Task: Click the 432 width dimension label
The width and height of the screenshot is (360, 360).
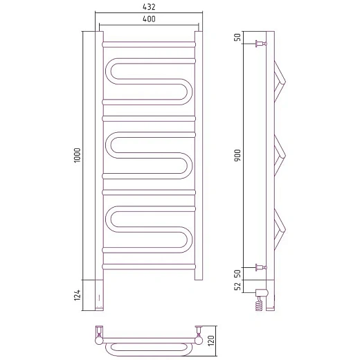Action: [x=149, y=7]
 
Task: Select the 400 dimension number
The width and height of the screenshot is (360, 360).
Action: [x=149, y=19]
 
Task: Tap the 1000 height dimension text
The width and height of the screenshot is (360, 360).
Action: [x=78, y=155]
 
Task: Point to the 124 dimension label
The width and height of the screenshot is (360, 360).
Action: [x=78, y=295]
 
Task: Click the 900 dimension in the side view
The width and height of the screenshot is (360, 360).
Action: [x=237, y=155]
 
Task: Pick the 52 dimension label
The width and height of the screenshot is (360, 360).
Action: [x=237, y=287]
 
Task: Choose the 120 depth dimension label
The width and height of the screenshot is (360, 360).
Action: [x=211, y=341]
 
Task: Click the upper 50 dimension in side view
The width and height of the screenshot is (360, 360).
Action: [x=237, y=37]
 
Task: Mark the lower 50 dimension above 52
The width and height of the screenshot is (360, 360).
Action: [x=237, y=273]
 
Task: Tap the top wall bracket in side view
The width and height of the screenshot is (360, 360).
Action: [x=261, y=44]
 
